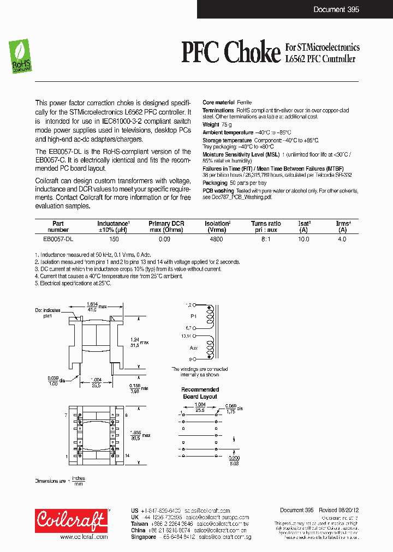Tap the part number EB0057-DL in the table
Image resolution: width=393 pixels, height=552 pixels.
tap(58, 239)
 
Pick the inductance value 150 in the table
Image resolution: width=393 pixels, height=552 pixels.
tap(114, 239)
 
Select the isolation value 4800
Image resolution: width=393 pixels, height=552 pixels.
tap(216, 239)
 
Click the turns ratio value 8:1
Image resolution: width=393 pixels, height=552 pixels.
tap(266, 239)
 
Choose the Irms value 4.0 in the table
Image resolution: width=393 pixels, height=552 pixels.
tap(342, 239)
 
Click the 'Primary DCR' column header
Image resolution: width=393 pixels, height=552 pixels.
tap(166, 224)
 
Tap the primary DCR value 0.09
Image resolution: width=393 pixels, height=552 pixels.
tap(164, 239)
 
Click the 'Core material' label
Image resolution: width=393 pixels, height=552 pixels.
tap(218, 103)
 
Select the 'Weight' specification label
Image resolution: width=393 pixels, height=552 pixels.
tap(211, 124)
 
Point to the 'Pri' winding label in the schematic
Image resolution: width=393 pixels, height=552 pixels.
tap(193, 316)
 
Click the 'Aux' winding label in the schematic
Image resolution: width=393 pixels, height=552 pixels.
tap(193, 347)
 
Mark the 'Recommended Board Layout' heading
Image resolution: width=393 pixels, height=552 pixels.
tap(200, 393)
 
